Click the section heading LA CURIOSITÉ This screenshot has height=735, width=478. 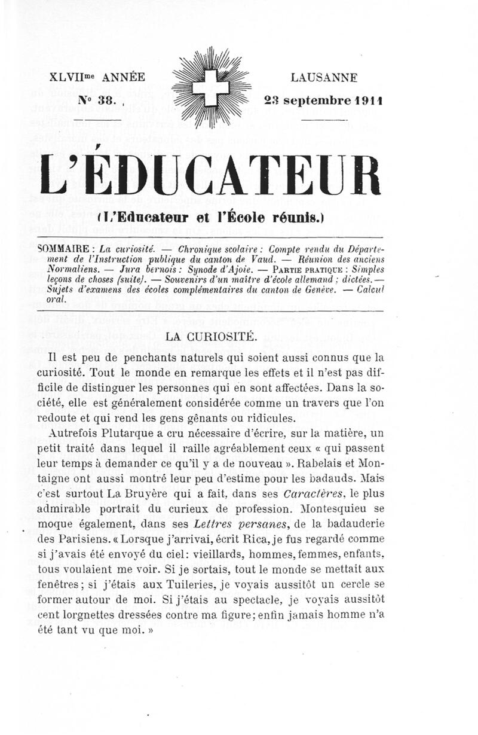tap(212, 336)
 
